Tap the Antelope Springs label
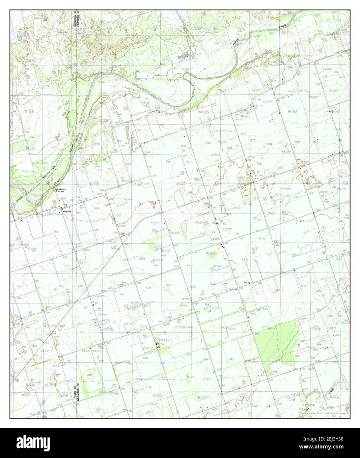click(62, 191)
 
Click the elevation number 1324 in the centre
click(168, 285)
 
